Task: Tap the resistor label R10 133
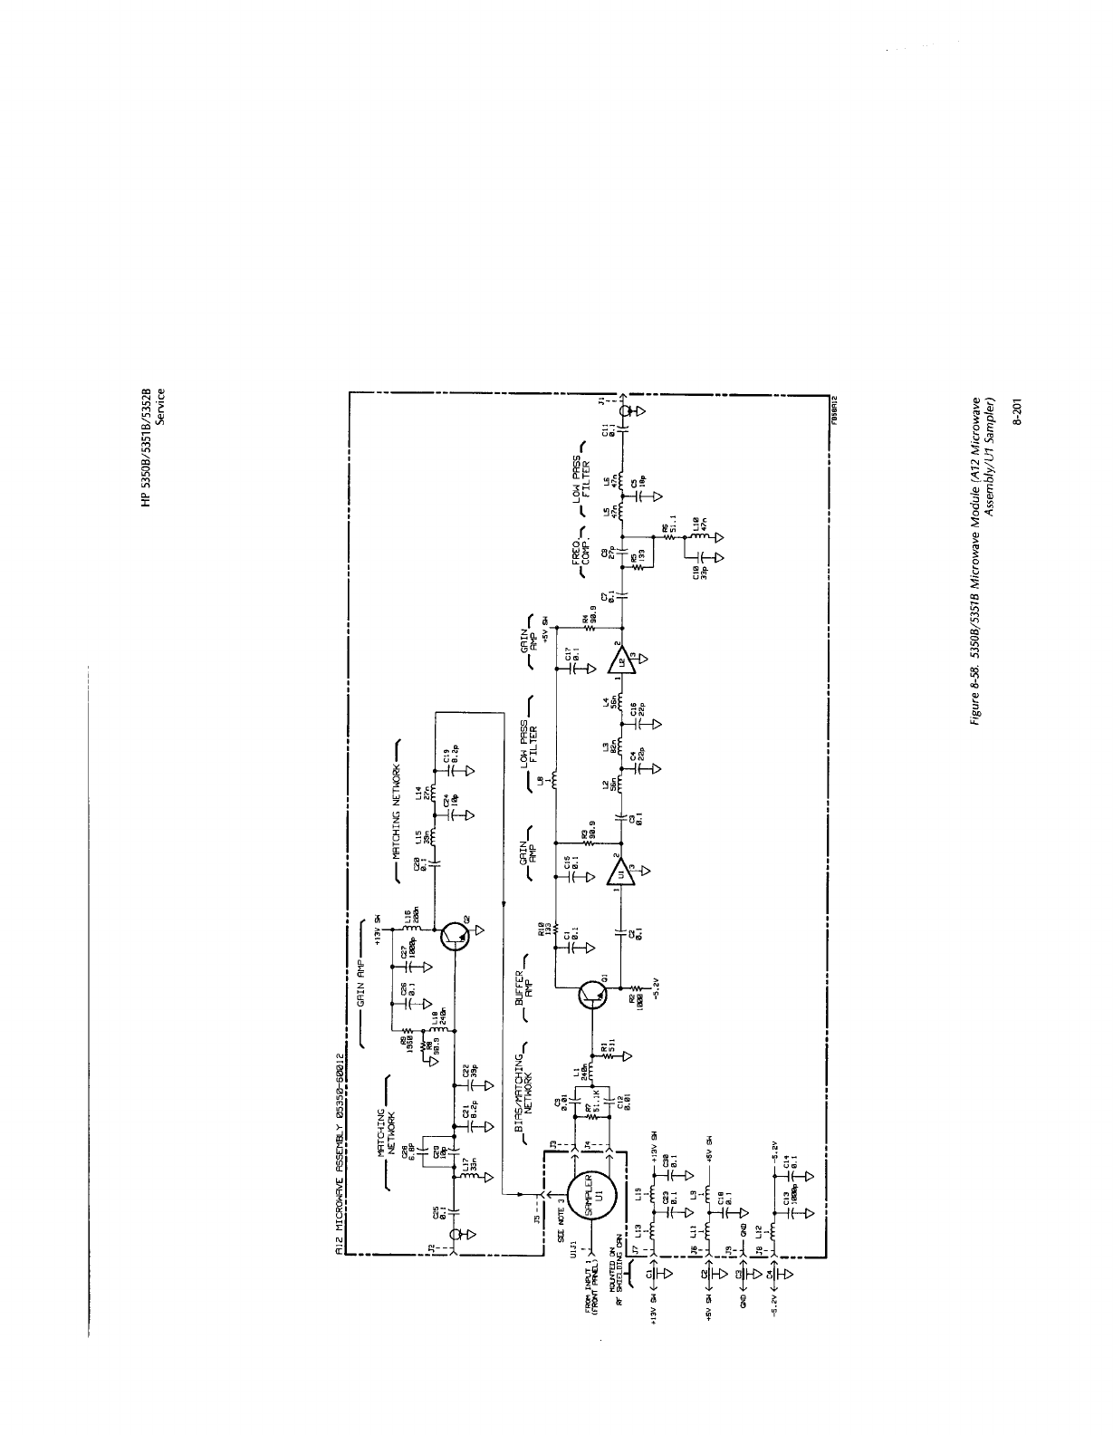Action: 543,928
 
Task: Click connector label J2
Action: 429,1248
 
